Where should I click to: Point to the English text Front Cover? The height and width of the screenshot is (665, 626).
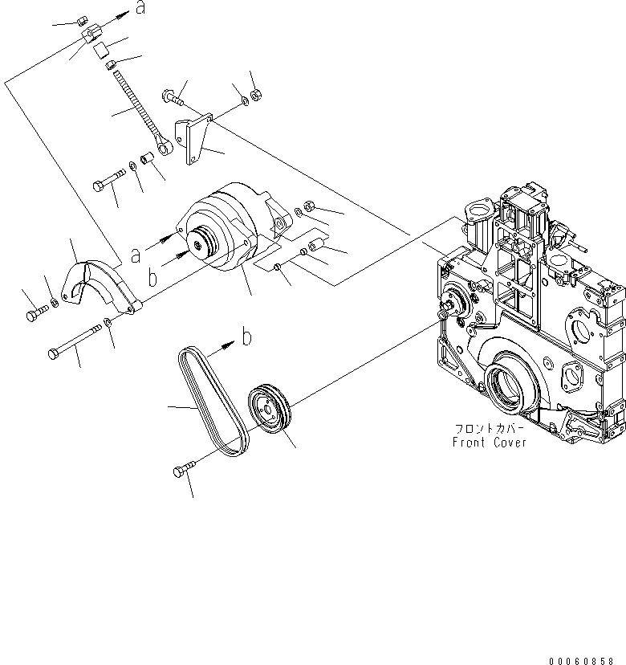click(x=490, y=443)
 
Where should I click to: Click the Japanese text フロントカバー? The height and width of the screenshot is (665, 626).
click(x=490, y=430)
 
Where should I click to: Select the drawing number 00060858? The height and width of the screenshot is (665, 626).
click(x=585, y=659)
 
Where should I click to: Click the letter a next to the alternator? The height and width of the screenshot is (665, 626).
click(x=136, y=255)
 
